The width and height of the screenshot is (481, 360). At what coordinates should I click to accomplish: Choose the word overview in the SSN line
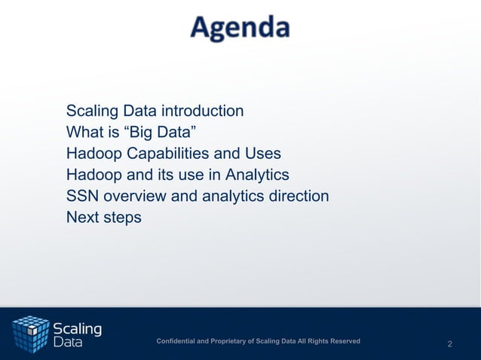coord(134,197)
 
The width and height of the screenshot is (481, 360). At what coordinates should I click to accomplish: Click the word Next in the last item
coord(82,218)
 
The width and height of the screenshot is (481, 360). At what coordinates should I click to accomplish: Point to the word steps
coord(121,218)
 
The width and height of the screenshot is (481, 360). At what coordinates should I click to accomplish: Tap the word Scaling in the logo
coord(77,328)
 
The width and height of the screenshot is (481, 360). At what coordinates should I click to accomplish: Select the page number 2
coord(450,344)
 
